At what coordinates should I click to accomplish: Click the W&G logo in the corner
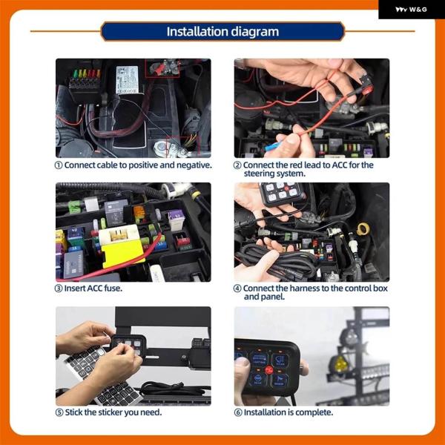tap(411, 10)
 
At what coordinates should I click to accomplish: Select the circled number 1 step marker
tap(59, 165)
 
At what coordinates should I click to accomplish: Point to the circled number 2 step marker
tap(237, 165)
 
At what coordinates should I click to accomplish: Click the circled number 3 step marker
tap(59, 289)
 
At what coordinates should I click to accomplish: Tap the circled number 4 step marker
tap(237, 289)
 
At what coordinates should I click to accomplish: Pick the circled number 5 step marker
tap(59, 412)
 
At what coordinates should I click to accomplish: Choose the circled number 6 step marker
tap(238, 412)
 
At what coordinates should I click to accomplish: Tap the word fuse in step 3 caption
tap(113, 289)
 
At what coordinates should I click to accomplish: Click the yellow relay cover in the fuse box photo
tap(122, 254)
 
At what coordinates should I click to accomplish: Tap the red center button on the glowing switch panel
tap(268, 370)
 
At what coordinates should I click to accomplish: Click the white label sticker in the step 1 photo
tap(127, 80)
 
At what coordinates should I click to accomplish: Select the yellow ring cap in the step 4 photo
tap(363, 228)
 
